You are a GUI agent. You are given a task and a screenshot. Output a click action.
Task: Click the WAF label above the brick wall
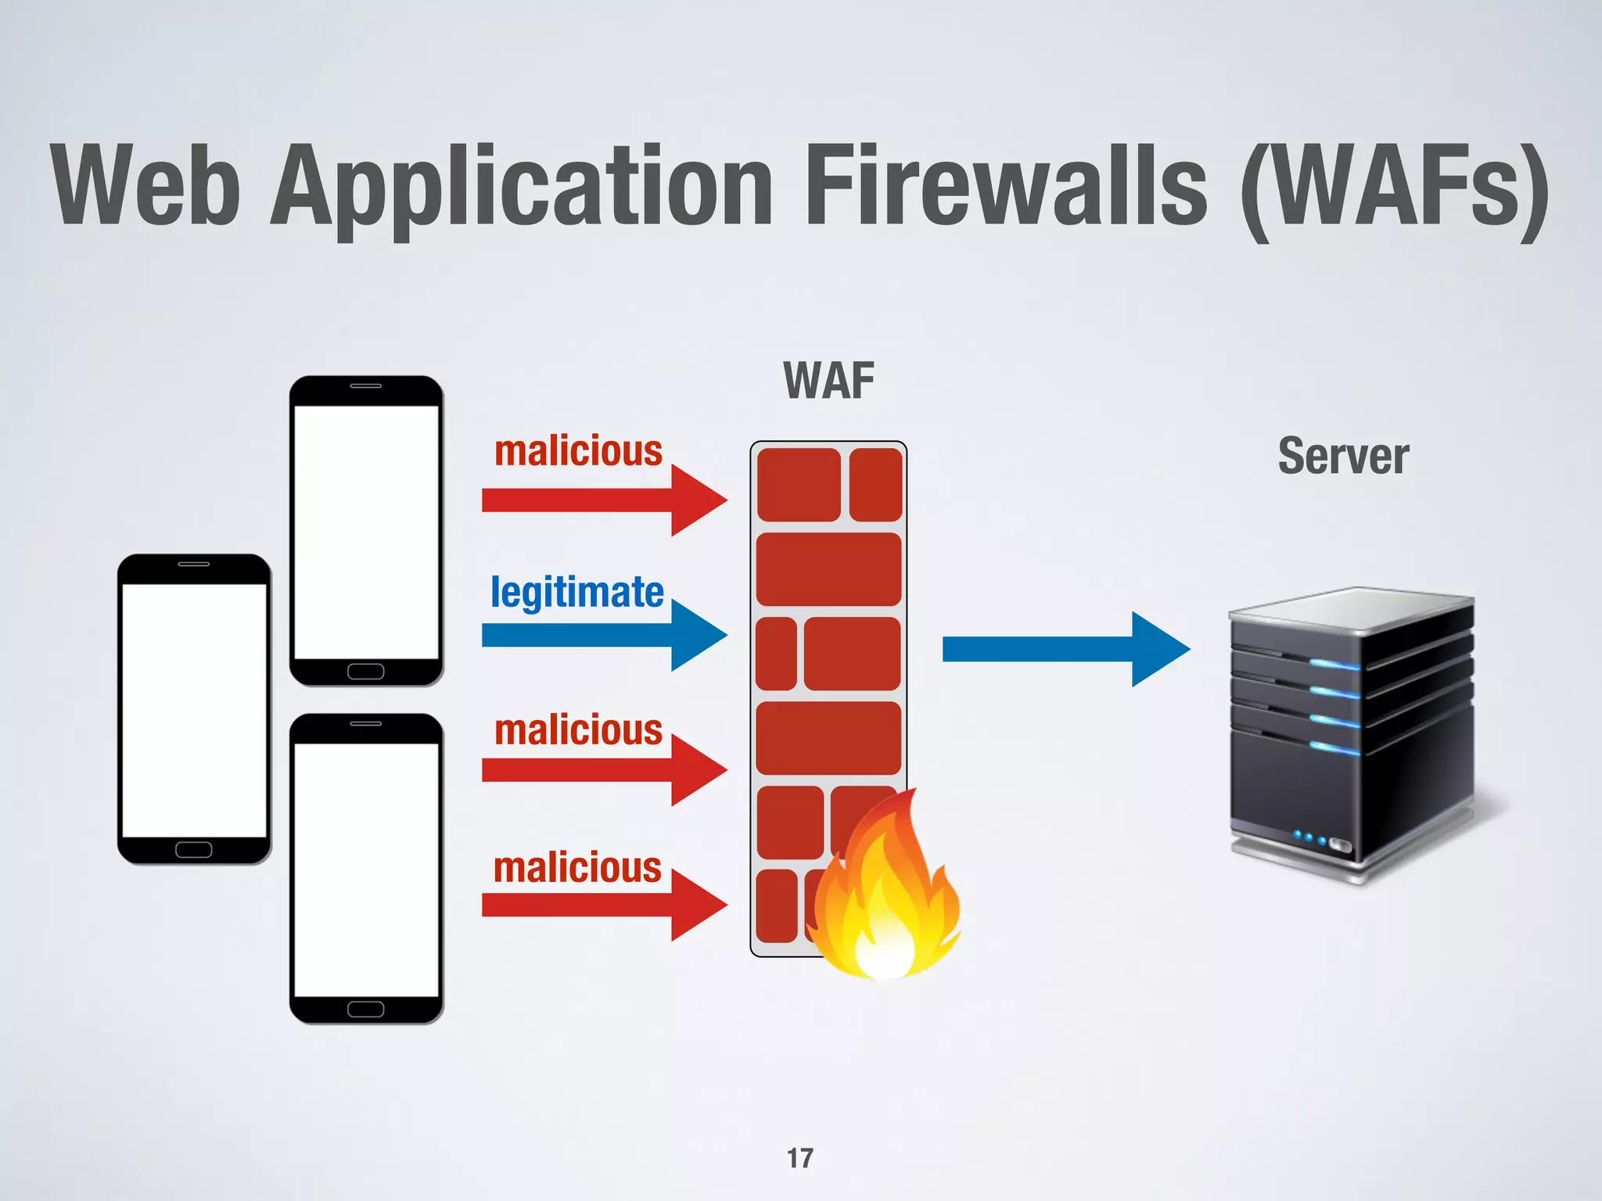tap(828, 381)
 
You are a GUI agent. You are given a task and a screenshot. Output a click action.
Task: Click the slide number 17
tap(799, 1158)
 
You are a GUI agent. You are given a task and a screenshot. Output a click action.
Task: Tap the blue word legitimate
tap(577, 592)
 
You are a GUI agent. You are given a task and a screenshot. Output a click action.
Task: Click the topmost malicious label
tap(578, 451)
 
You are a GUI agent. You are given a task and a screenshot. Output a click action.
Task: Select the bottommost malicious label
tap(577, 868)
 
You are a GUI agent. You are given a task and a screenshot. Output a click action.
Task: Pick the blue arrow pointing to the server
tap(1064, 649)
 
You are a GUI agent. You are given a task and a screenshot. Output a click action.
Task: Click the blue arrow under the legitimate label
tap(602, 635)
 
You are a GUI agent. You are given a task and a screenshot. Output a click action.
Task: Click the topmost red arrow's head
tap(698, 500)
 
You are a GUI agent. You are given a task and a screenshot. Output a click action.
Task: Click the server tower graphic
tap(1352, 735)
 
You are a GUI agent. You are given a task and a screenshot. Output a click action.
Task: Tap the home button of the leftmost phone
tap(193, 850)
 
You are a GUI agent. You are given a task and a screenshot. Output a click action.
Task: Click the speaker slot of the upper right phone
tap(365, 386)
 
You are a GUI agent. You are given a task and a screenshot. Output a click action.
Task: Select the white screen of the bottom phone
tap(365, 869)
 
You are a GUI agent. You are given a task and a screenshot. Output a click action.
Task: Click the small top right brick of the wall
tap(875, 485)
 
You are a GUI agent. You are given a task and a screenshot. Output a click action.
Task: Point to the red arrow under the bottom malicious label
tap(602, 905)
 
